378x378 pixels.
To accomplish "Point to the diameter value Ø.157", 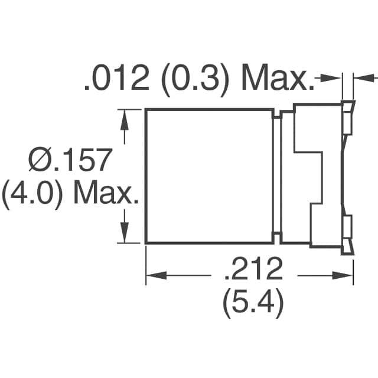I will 70,161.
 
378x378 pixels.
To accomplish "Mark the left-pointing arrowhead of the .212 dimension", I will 155,275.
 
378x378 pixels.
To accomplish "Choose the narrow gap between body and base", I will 277,176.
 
